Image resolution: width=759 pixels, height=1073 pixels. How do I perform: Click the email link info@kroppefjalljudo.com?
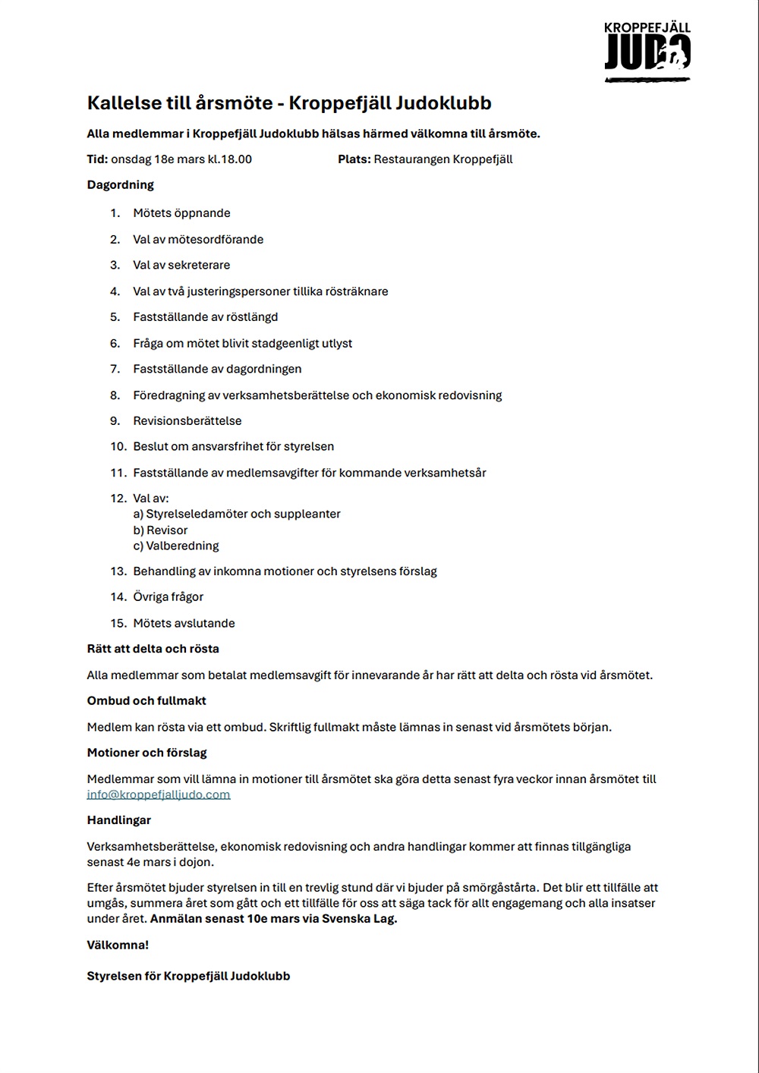(x=158, y=795)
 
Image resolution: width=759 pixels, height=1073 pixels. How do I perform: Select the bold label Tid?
(x=97, y=159)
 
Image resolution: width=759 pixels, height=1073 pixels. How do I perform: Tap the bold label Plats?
(x=354, y=159)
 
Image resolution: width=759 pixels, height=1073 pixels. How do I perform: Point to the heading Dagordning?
(x=120, y=185)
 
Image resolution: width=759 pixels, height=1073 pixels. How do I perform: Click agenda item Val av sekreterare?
(x=181, y=266)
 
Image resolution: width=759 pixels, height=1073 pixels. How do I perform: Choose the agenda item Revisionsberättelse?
(x=187, y=421)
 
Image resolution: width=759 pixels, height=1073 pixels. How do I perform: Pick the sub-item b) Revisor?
(x=160, y=530)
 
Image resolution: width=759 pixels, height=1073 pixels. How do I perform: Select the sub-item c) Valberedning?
(x=176, y=546)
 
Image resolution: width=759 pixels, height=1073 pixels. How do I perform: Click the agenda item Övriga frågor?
(x=168, y=597)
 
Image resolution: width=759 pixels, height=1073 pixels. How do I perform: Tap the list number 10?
(x=118, y=447)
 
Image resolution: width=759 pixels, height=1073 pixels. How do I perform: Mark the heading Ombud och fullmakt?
(x=146, y=701)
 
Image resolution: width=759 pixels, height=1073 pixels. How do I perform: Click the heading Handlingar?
(x=118, y=820)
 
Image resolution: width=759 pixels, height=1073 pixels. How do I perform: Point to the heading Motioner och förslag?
(x=146, y=753)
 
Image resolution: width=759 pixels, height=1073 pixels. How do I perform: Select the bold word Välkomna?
(x=118, y=946)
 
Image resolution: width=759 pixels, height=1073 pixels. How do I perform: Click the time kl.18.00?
(x=230, y=159)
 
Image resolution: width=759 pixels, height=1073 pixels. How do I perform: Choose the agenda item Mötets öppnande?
(x=181, y=213)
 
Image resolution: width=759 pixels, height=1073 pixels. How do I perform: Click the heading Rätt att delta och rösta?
(x=153, y=649)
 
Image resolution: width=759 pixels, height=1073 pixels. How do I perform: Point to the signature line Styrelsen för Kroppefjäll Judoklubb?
(x=188, y=976)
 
